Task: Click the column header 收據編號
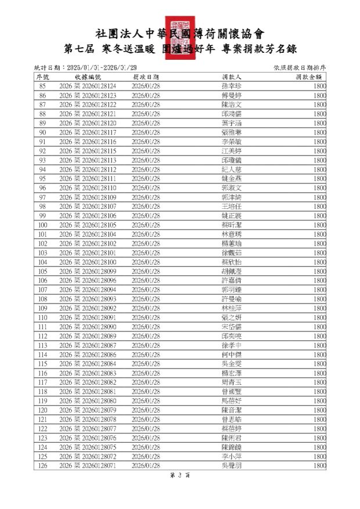pyautogui.click(x=88, y=77)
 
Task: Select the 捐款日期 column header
pyautogui.click(x=146, y=77)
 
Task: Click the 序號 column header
pyautogui.click(x=42, y=77)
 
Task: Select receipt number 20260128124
pyautogui.click(x=88, y=86)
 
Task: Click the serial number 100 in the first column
pyautogui.click(x=42, y=225)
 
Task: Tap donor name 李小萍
pyautogui.click(x=231, y=457)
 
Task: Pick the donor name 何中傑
pyautogui.click(x=231, y=355)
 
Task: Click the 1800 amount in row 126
pyautogui.click(x=319, y=466)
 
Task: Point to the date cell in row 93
pyautogui.click(x=146, y=160)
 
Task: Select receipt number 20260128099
pyautogui.click(x=88, y=272)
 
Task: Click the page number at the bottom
pyautogui.click(x=179, y=475)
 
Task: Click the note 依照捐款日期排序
pyautogui.click(x=300, y=67)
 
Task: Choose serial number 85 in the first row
pyautogui.click(x=42, y=86)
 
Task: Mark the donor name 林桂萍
pyautogui.click(x=231, y=308)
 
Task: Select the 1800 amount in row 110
pyautogui.click(x=319, y=317)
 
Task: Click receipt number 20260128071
pyautogui.click(x=88, y=466)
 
